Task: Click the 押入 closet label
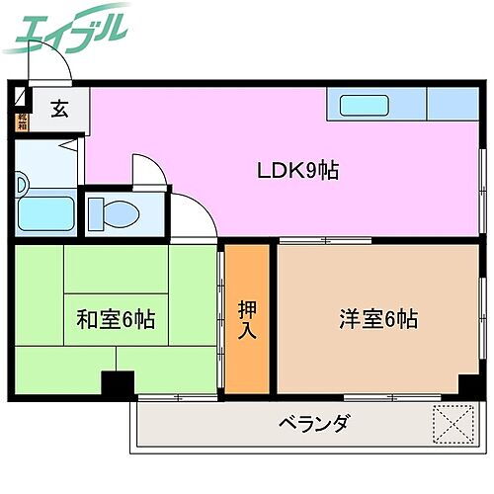[247, 319]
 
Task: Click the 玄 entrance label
[59, 110]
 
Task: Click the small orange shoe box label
[22, 123]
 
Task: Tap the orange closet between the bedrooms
[247, 318]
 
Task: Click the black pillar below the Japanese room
[118, 384]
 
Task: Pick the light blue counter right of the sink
[451, 103]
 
